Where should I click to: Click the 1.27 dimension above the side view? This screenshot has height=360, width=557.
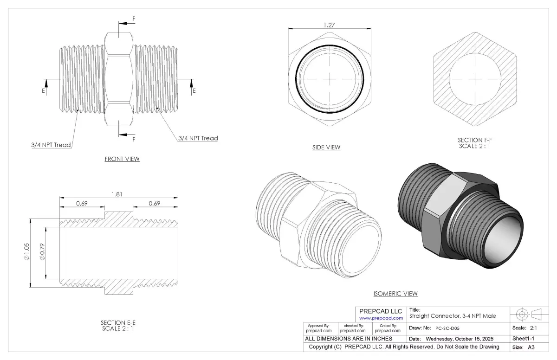click(x=329, y=25)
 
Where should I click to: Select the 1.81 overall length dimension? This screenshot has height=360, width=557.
click(x=117, y=194)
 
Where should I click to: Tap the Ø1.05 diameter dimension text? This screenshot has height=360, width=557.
click(x=26, y=252)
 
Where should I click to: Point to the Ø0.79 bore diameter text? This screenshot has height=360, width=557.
click(x=42, y=252)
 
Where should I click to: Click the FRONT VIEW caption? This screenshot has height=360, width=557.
click(x=122, y=159)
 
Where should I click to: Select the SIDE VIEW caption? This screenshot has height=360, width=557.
click(x=326, y=148)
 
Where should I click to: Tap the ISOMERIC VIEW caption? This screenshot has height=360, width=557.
click(x=395, y=294)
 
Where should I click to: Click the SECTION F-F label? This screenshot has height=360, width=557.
click(x=475, y=140)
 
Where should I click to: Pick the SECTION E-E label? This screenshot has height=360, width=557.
click(x=118, y=323)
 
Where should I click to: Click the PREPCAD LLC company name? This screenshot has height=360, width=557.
click(x=381, y=311)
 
